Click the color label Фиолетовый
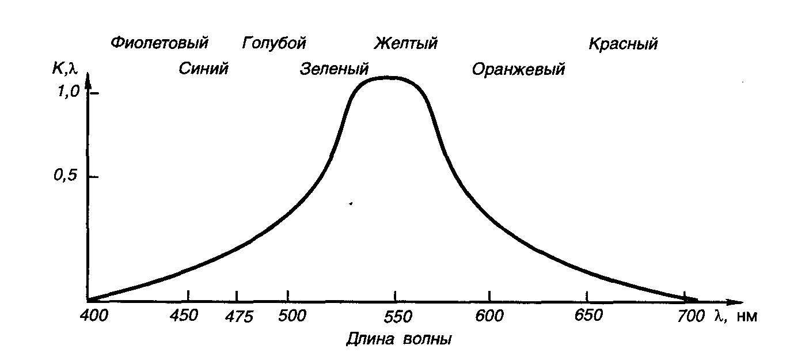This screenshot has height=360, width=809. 159,43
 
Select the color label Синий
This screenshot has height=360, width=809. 203,69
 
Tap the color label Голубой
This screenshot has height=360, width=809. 274,43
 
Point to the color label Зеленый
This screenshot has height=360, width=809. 334,70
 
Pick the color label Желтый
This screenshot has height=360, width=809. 406,43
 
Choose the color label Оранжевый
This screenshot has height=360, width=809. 518,70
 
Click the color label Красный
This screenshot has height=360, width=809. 623,44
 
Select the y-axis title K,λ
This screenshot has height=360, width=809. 64,70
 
